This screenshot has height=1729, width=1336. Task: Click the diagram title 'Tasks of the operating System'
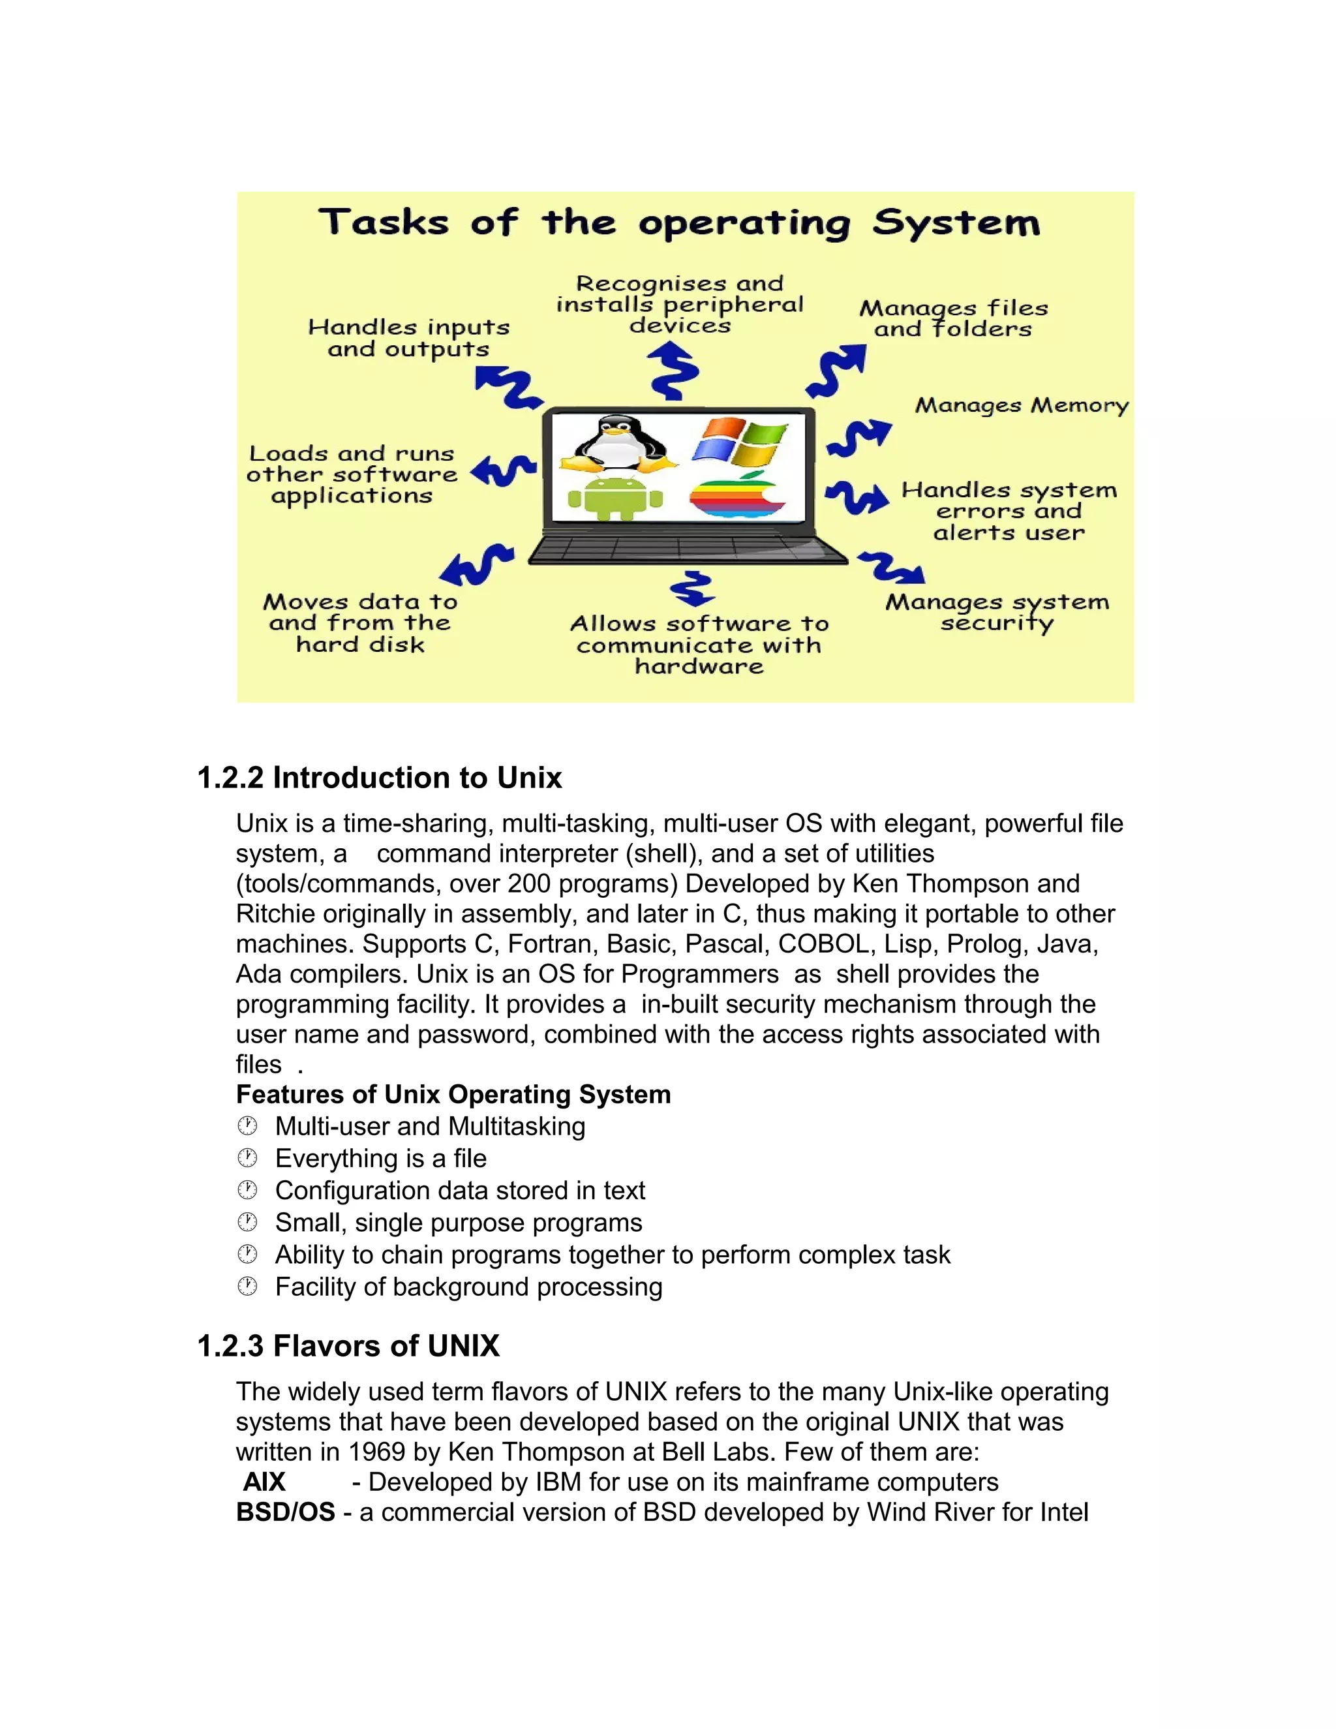[679, 222]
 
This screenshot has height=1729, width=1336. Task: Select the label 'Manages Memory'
[1021, 406]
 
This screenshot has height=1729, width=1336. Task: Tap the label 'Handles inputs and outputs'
[408, 338]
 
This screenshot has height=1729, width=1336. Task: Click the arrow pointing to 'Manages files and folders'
[838, 371]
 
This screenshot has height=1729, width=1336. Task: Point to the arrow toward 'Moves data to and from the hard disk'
[476, 564]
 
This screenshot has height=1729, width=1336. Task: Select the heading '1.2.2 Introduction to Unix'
[379, 778]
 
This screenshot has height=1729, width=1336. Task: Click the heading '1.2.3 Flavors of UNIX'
[348, 1346]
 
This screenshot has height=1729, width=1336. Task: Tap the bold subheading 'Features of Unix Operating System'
[453, 1094]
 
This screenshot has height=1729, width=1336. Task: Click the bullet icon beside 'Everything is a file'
[248, 1158]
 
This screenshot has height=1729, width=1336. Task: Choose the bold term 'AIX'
[264, 1482]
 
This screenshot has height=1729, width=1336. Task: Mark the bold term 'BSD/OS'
[286, 1512]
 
